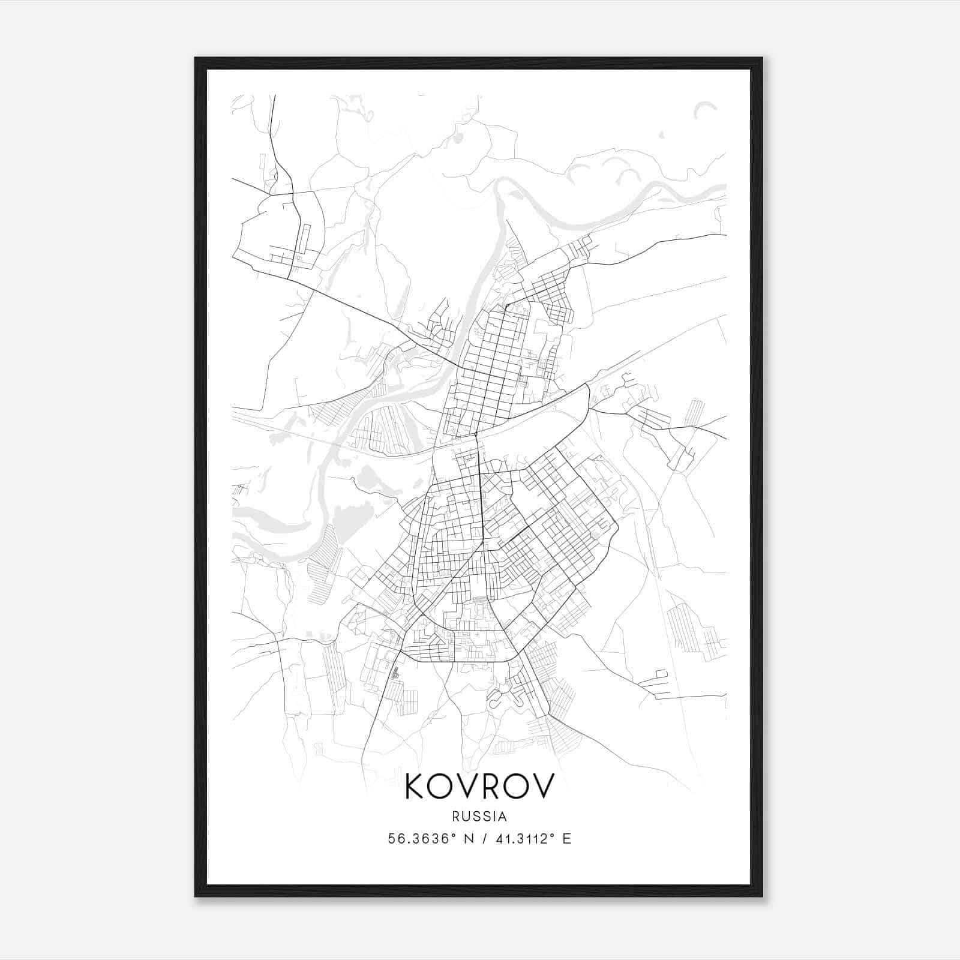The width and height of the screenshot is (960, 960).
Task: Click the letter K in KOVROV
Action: (x=417, y=786)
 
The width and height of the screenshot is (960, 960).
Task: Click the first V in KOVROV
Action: (x=468, y=786)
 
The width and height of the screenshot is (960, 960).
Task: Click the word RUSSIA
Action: (x=480, y=817)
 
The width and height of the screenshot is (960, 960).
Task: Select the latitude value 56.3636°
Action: (x=419, y=839)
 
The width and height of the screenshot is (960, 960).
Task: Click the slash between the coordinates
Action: (x=484, y=839)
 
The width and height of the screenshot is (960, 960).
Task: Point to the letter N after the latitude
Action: (x=469, y=839)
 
